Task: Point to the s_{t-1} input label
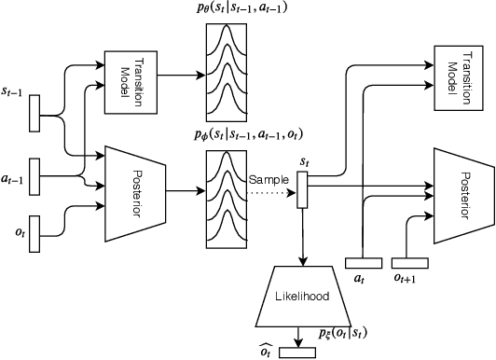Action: point(16,87)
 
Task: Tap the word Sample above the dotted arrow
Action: point(268,178)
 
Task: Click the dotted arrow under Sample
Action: point(270,193)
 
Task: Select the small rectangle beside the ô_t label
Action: point(298,351)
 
